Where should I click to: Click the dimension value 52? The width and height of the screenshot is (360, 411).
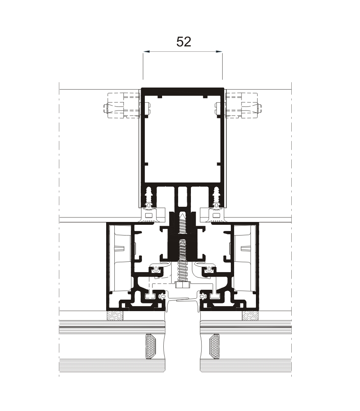(183, 42)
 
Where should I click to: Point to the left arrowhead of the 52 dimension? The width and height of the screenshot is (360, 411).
(146, 52)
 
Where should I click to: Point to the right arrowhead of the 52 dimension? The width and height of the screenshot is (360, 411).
(219, 52)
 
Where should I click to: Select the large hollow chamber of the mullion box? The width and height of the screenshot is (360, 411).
(183, 139)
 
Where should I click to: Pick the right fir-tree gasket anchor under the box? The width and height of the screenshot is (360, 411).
(217, 196)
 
